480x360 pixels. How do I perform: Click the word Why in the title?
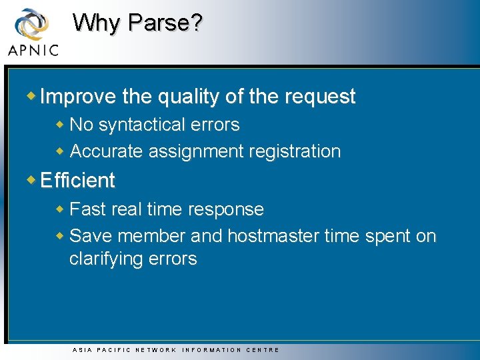click(x=98, y=23)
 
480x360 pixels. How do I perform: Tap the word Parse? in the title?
click(x=165, y=23)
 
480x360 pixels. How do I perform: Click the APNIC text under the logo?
click(x=33, y=50)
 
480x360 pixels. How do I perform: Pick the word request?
click(x=320, y=97)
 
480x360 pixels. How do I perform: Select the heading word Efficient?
click(x=77, y=181)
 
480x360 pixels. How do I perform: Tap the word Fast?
click(x=86, y=209)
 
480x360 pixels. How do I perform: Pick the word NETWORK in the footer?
click(x=156, y=350)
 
